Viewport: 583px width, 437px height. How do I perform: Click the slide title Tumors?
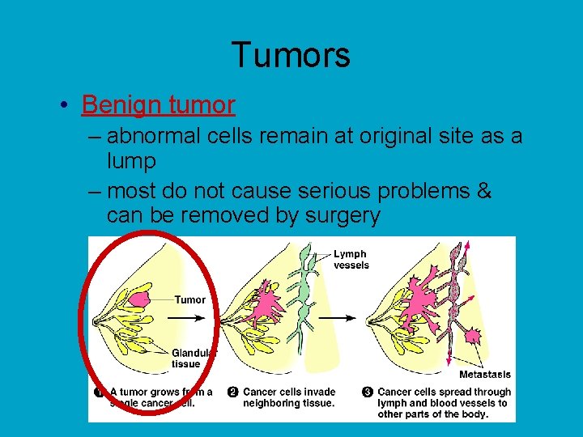point(291,55)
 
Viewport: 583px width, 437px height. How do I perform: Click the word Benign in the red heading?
point(117,104)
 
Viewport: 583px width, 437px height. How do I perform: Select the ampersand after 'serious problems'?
point(484,190)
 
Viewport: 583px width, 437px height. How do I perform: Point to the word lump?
point(131,161)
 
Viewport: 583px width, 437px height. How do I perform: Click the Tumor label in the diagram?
point(190,299)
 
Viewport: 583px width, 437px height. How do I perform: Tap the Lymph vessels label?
point(351,259)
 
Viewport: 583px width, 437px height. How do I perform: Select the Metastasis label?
point(484,374)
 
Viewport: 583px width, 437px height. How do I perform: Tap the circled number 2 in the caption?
point(233,392)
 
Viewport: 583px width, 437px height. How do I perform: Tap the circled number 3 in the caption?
point(368,392)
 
